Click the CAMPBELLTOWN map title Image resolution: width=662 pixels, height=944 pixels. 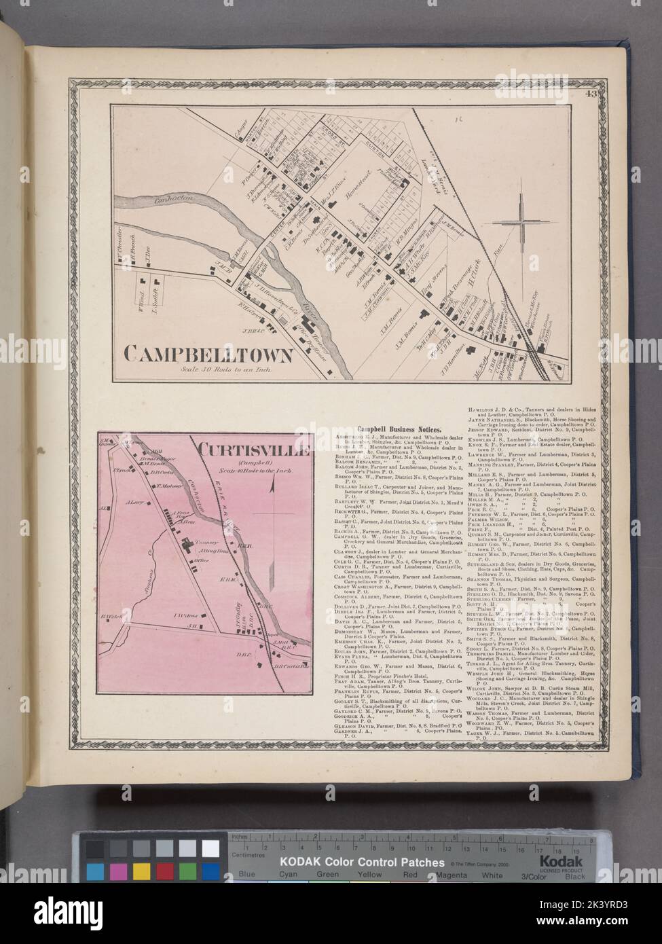coord(208,354)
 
